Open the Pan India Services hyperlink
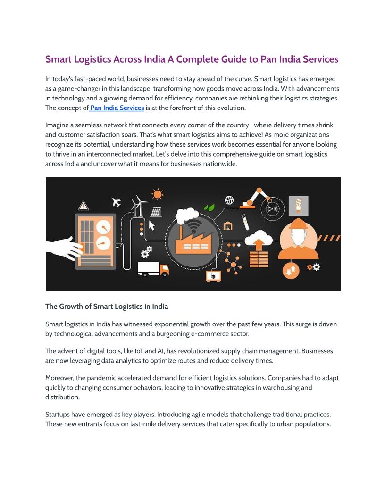117,108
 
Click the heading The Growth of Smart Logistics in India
107,307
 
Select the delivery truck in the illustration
153,269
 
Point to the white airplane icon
116,202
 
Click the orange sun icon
157,194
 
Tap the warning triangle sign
84,206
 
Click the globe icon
229,200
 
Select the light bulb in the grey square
298,205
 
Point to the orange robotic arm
255,198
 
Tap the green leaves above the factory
209,207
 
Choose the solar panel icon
156,211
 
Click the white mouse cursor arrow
152,225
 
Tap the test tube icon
245,222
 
